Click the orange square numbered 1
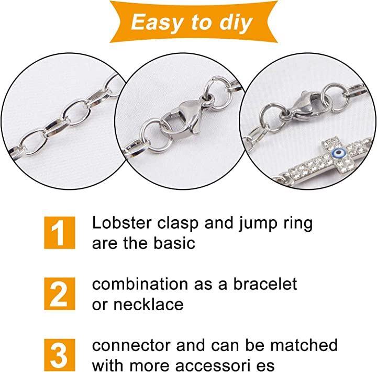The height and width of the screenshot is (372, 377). click(x=60, y=233)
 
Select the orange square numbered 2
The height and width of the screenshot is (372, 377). click(x=60, y=294)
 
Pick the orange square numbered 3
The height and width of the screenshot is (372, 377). click(x=60, y=355)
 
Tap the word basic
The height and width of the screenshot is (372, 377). click(x=174, y=243)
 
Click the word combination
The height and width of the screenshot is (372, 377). click(x=140, y=284)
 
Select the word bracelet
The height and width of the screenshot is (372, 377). click(x=265, y=284)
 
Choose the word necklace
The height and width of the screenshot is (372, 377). click(x=148, y=304)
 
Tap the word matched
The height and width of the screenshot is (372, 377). click(x=304, y=345)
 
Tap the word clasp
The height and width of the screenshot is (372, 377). click(x=178, y=224)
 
